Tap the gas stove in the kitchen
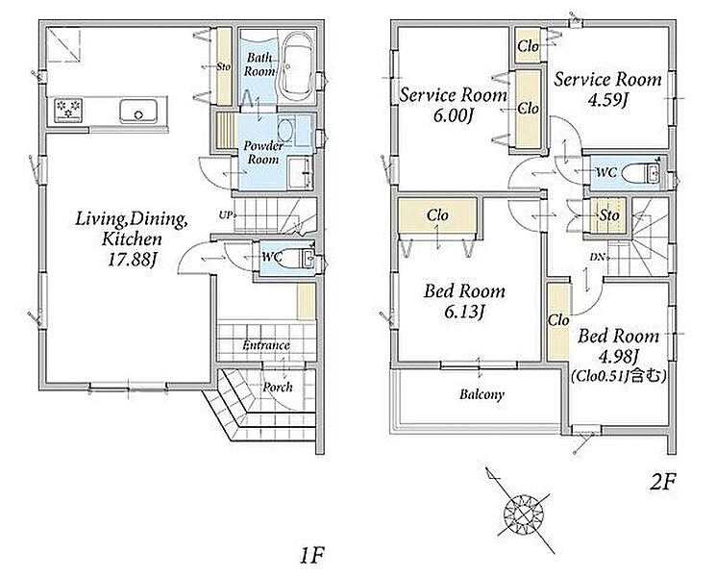[x=68, y=110]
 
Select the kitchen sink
[x=138, y=111]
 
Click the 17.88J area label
[x=132, y=260]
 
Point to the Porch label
[x=278, y=388]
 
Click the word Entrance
[x=266, y=345]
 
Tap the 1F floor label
[x=312, y=556]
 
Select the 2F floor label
[x=662, y=482]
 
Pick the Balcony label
[x=481, y=394]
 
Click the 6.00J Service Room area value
[x=453, y=116]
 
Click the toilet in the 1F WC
[x=297, y=259]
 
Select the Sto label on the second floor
[x=609, y=215]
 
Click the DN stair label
[x=597, y=257]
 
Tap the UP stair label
[x=225, y=214]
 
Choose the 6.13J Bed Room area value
[x=463, y=313]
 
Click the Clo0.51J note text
[x=619, y=376]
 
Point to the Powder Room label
[x=263, y=153]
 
